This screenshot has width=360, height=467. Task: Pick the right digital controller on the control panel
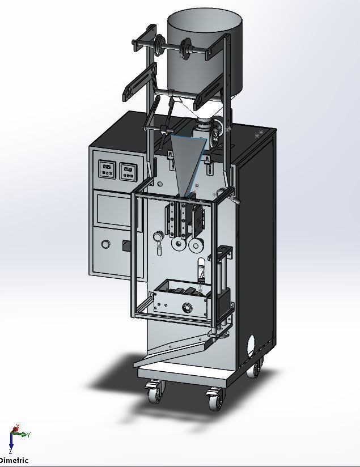128,170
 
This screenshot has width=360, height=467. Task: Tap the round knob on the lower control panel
106,244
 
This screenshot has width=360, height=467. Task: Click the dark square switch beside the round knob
126,245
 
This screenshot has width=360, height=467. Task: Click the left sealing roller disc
178,245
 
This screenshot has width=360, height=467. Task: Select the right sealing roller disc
196,245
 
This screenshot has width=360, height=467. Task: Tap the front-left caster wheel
154,392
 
